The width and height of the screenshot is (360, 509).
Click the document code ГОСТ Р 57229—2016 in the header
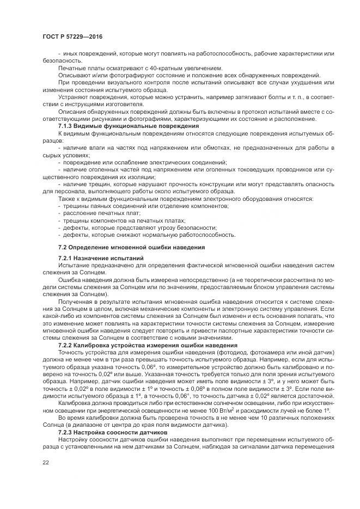(x=72, y=36)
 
